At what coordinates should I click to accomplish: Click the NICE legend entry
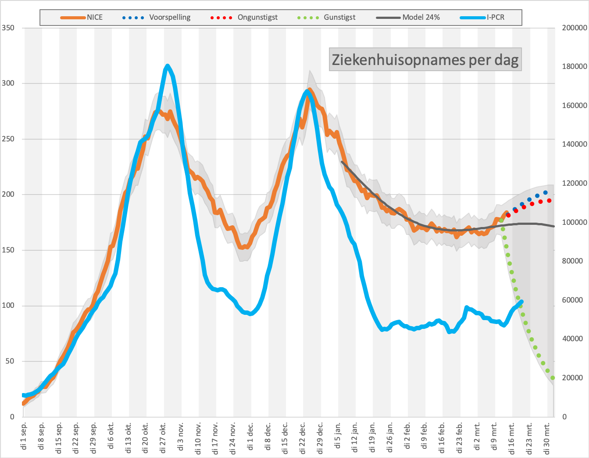tap(81, 18)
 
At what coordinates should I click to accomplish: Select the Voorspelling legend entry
tap(157, 18)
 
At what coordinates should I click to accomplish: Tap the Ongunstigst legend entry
tap(244, 18)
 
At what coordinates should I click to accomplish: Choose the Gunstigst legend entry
tap(326, 18)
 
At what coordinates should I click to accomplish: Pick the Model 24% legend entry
tap(408, 18)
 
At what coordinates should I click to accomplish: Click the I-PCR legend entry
tap(482, 18)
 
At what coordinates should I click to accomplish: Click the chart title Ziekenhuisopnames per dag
tap(425, 60)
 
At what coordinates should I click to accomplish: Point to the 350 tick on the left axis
tap(8, 28)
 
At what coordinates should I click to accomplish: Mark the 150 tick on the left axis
tap(8, 250)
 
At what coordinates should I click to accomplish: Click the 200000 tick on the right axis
tap(575, 28)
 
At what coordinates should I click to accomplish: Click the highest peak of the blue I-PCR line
tap(167, 66)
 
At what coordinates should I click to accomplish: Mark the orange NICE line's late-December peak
tap(310, 90)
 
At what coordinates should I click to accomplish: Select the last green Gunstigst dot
tap(553, 378)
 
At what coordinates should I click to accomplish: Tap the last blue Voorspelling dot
tap(545, 193)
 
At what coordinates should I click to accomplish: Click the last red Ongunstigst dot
tap(549, 201)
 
